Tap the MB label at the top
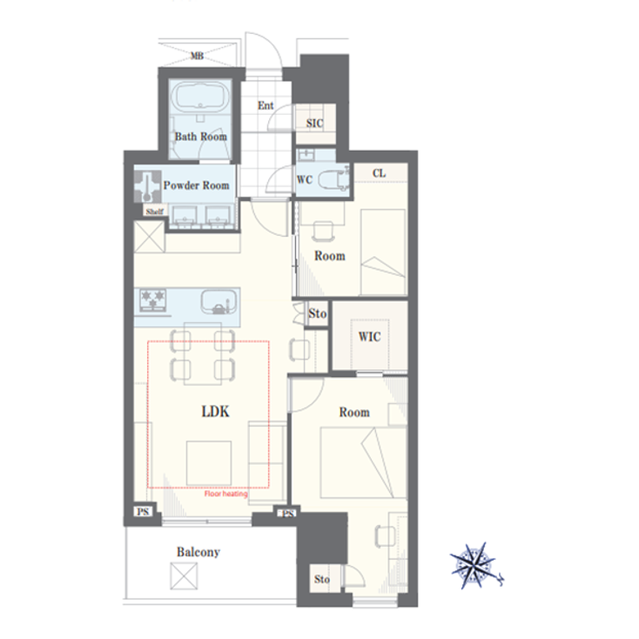(197, 57)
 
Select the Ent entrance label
(266, 106)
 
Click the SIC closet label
(314, 124)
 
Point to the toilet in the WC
(329, 180)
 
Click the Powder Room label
(197, 185)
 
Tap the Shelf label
(154, 212)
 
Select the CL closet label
(379, 173)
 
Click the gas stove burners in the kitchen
(154, 301)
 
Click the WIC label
(369, 336)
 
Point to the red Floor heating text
(225, 494)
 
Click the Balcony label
(198, 552)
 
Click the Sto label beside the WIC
(317, 313)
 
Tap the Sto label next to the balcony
(322, 579)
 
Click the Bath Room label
(200, 137)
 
